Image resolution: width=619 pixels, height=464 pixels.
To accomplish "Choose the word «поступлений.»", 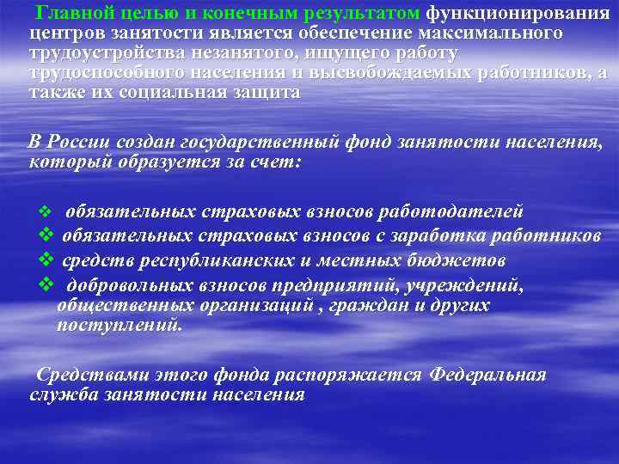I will tap(120, 326).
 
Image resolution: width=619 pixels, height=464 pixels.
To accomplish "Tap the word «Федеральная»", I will tap(487, 375).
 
